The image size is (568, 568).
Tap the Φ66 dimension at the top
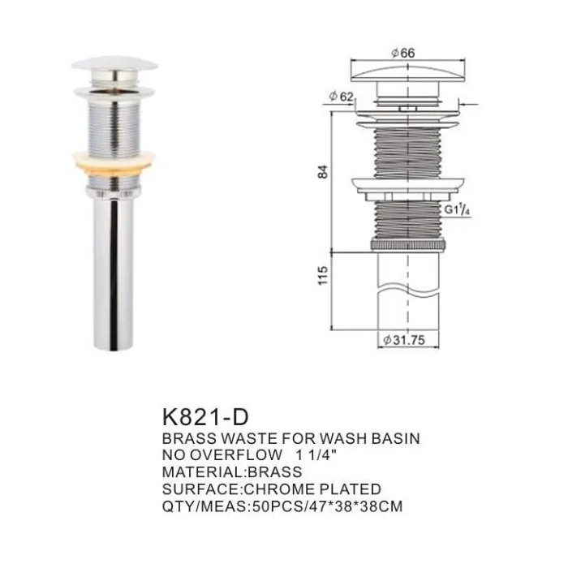pos(403,53)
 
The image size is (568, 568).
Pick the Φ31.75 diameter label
pos(403,342)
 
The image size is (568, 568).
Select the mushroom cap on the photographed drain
pos(114,62)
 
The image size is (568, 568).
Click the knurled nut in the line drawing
pos(403,243)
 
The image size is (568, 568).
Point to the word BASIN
pos(394,439)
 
